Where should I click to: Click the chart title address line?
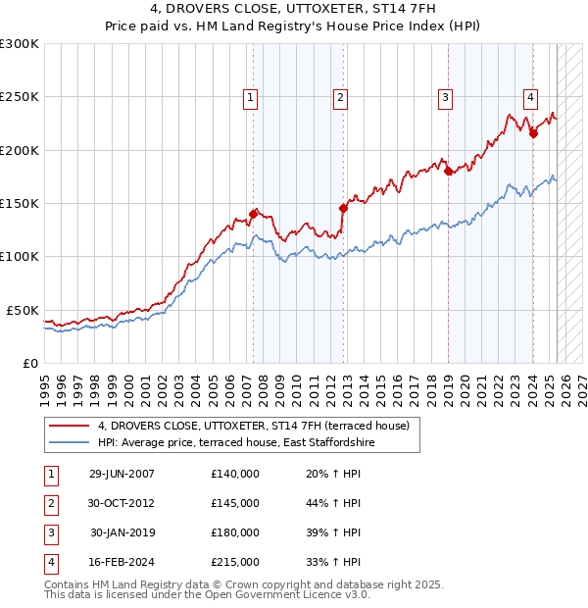coord(293,9)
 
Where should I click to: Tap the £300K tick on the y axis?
coord(20,44)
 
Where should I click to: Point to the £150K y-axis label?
coord(20,204)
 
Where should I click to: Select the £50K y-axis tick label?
coord(23,310)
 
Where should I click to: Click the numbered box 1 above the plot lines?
coord(251,97)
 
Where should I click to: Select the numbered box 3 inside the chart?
coord(445,97)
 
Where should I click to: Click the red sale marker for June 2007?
coord(254,214)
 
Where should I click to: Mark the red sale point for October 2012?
coord(343,208)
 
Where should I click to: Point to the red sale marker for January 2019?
coord(448,171)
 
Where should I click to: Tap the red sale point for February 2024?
coord(533,133)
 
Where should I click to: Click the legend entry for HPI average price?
coord(236,442)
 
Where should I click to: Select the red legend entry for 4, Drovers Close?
coord(259,426)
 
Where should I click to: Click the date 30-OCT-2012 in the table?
coord(122,503)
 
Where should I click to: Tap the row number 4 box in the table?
coord(49,562)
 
